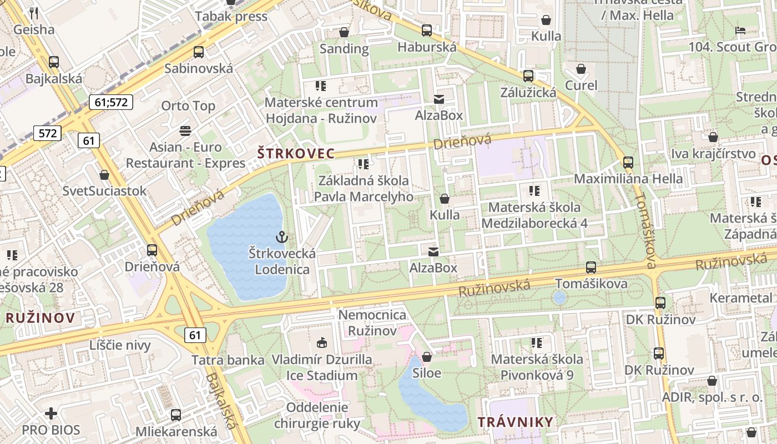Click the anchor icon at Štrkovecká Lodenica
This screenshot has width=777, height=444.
click(282, 237)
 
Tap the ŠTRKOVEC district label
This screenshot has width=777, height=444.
click(295, 153)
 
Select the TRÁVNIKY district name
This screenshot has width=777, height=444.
click(516, 421)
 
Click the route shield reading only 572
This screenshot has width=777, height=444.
click(47, 133)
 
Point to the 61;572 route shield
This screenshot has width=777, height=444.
click(111, 102)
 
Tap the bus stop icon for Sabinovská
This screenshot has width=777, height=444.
click(199, 52)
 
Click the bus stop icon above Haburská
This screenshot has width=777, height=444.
click(427, 31)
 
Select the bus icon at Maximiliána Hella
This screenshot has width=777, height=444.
click(628, 162)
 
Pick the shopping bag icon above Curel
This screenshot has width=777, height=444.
click(581, 69)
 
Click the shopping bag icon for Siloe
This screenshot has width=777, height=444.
click(427, 356)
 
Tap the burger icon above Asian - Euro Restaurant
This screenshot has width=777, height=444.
click(185, 131)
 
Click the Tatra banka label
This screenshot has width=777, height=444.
click(228, 360)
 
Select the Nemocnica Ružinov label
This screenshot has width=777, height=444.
click(372, 323)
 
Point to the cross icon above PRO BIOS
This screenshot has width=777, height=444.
click(51, 413)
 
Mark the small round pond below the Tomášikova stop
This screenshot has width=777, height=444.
click(559, 298)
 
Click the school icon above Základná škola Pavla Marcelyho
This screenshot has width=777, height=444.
click(364, 164)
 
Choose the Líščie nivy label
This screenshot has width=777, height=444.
click(120, 345)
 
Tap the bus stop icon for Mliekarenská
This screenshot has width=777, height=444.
click(176, 415)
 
